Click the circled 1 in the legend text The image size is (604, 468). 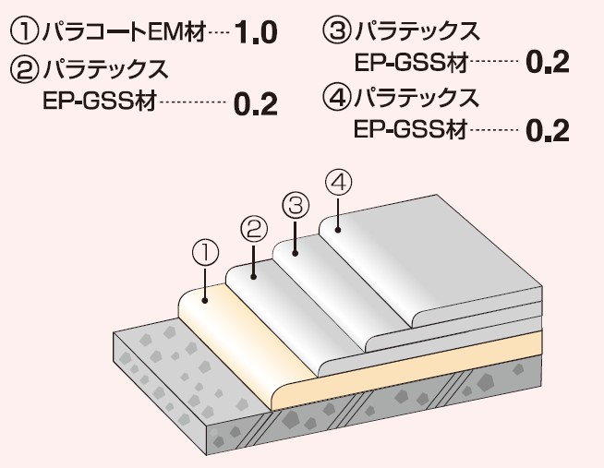click(23, 34)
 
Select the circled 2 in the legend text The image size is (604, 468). click(23, 69)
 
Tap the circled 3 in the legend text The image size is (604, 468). click(337, 32)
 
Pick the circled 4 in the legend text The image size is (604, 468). click(337, 96)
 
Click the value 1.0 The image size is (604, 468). click(256, 35)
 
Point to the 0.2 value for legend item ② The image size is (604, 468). click(256, 103)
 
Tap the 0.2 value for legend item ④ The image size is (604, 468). click(547, 130)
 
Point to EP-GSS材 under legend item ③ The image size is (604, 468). click(411, 62)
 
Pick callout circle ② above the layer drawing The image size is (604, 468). click(254, 226)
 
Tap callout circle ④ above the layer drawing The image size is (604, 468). click(339, 182)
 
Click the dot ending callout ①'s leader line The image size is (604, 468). click(205, 299)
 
